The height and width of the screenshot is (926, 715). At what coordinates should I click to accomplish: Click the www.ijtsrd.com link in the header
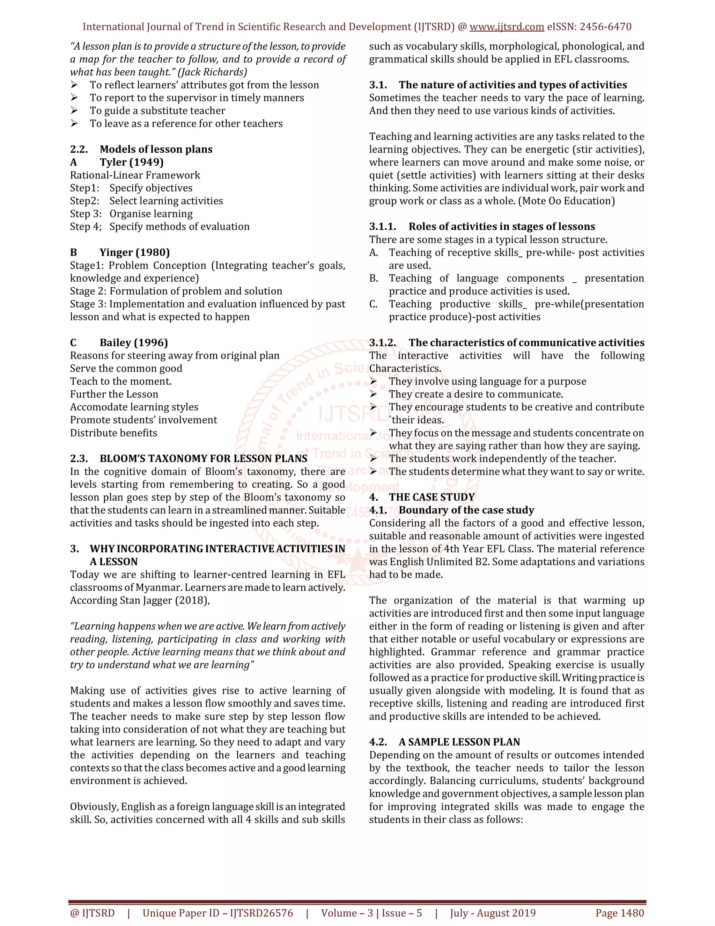(x=507, y=27)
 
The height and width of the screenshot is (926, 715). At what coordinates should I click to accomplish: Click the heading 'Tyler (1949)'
(x=131, y=162)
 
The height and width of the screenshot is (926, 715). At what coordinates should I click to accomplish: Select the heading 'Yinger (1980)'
(x=135, y=253)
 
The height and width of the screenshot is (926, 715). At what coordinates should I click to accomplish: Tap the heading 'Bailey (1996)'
(x=134, y=342)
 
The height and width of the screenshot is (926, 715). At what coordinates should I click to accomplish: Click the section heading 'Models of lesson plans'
(x=156, y=149)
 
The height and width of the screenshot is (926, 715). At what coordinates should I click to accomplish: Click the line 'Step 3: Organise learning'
(x=131, y=214)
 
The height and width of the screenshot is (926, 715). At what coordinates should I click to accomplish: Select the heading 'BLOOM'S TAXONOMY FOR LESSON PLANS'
(x=203, y=458)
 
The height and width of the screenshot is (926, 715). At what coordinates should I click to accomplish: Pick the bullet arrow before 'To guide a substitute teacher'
(x=74, y=111)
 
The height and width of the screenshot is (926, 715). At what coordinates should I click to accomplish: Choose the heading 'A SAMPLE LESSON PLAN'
(x=459, y=742)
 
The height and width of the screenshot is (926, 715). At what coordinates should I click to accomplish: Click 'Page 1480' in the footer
(x=620, y=913)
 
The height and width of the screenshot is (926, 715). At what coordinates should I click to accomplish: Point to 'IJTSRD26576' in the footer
(x=261, y=913)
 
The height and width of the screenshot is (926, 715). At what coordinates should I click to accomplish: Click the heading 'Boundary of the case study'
(x=466, y=510)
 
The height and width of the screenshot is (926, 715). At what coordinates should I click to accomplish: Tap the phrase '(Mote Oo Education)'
(x=566, y=201)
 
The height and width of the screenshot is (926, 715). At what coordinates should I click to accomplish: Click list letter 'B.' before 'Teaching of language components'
(x=374, y=278)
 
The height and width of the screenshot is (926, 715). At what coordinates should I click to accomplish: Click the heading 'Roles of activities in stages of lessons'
(x=502, y=227)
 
